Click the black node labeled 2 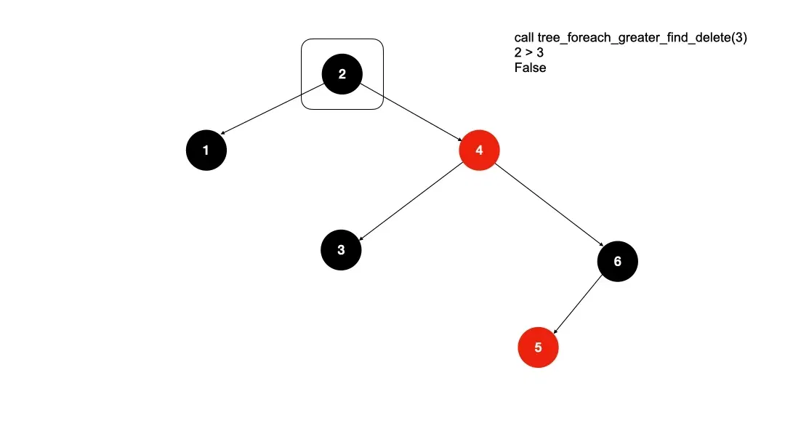coord(342,74)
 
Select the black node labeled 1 coord(206,150)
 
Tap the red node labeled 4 coord(479,150)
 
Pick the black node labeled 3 coord(342,250)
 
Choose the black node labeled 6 coord(618,261)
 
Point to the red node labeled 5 coord(538,347)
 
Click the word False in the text coord(530,68)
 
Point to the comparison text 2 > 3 coord(529,52)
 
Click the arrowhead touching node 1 coord(222,133)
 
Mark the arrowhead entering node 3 coord(361,236)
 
